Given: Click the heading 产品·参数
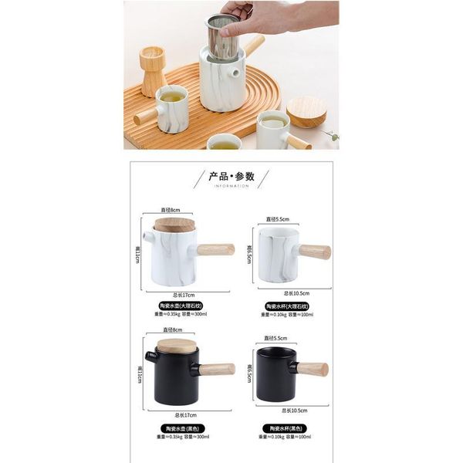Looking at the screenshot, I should tap(232, 176).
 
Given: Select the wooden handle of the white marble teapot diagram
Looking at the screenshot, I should tap(215, 249).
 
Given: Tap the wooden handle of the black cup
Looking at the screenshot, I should tap(312, 369).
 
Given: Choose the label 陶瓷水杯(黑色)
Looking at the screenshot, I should tap(286, 428).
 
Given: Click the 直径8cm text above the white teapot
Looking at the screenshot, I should tap(170, 210).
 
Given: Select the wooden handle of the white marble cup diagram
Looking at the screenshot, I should tap(314, 252).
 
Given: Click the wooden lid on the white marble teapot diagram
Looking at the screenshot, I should tap(174, 225).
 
